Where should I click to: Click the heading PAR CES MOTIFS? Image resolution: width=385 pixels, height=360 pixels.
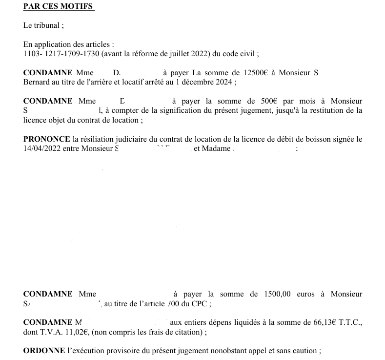click(x=59, y=7)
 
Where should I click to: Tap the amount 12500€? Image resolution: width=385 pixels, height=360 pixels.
click(x=255, y=73)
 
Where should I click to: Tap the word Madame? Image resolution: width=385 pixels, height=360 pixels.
click(x=212, y=148)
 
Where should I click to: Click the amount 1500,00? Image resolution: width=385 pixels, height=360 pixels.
click(x=277, y=294)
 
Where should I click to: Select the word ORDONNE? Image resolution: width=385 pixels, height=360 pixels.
click(x=44, y=351)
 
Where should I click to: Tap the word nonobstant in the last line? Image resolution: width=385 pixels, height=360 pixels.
click(x=225, y=351)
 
